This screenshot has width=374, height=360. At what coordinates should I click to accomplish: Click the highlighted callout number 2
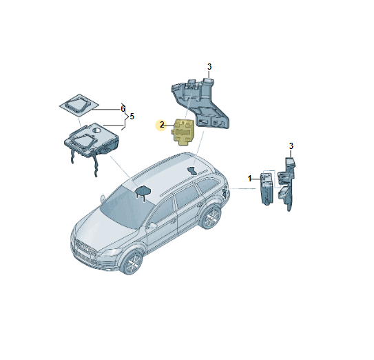pos(162,125)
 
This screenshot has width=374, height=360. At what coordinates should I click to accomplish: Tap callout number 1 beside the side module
pos(250,179)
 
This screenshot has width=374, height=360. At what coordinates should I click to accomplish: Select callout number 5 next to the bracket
pos(132,117)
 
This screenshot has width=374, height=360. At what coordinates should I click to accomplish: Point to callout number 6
pos(123,109)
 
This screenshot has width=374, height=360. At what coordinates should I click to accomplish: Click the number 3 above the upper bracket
pos(209,67)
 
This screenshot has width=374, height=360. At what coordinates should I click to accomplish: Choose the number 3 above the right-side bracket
pos(291,146)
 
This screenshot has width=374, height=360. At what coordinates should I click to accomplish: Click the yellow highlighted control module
pos(183,132)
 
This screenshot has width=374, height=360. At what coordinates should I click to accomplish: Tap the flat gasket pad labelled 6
pos(79,106)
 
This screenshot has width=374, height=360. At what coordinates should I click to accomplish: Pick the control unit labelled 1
pos(267,188)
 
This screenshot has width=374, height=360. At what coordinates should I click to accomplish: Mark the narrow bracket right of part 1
pos(287,183)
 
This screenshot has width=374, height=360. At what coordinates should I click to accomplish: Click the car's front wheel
pos(132,263)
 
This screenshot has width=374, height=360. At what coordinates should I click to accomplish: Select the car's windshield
pos(127,207)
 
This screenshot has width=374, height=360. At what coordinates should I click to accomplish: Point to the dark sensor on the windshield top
pos(143,191)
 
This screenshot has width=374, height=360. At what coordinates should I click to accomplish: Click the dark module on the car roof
pos(191,170)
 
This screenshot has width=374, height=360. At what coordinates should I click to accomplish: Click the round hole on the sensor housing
pos(97,130)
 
